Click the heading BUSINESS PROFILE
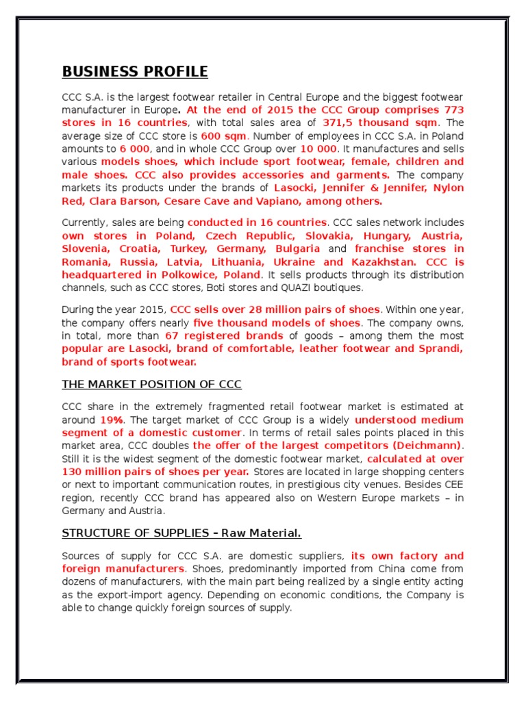[x=135, y=72]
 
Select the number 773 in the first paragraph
[x=454, y=110]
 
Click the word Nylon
[x=447, y=188]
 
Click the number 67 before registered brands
[x=172, y=335]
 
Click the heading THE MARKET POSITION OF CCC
[x=151, y=384]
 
